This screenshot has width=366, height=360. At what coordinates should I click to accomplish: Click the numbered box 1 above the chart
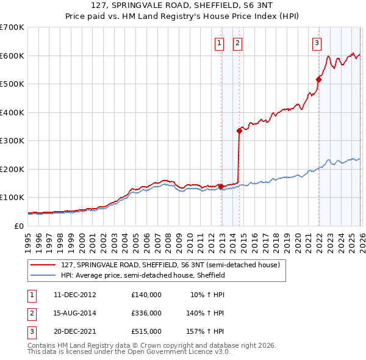point(218,43)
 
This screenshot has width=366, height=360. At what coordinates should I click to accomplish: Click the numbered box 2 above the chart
point(237,43)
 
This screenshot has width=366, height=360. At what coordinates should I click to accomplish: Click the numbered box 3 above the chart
point(317,43)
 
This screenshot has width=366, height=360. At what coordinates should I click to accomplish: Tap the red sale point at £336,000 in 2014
point(239,131)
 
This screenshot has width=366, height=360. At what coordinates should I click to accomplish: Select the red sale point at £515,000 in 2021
point(318,79)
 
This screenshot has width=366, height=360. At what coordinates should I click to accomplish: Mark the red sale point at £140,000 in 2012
point(221,186)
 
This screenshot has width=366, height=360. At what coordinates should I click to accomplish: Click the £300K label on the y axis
point(12,141)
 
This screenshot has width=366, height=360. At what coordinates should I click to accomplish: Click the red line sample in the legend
point(43,265)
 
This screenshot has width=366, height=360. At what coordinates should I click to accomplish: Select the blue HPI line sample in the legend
point(43,276)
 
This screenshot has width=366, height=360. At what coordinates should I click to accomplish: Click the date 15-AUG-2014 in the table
point(75,313)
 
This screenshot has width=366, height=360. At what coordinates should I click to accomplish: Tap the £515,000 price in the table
point(146,331)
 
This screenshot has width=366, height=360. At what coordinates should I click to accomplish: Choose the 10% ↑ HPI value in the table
point(207,295)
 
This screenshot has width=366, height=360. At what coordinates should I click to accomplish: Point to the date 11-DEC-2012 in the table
point(75,295)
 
